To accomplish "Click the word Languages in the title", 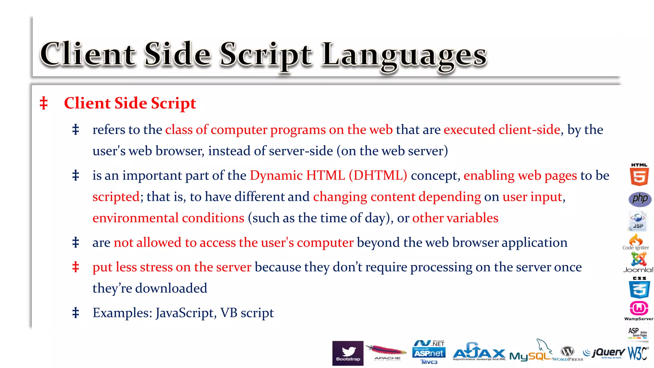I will (x=404, y=56).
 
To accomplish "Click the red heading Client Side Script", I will (x=130, y=103).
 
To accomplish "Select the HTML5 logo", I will (x=639, y=175).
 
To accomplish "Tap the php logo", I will (x=640, y=199).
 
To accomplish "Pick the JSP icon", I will (x=638, y=221).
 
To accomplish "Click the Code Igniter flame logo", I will (x=635, y=241).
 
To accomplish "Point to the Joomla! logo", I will (x=638, y=262).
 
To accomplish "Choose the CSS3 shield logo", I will (x=639, y=288).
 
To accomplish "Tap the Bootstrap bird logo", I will (x=348, y=353).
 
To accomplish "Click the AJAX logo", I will (x=479, y=352).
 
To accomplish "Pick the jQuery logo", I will (x=604, y=353).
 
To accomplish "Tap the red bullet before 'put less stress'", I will (x=76, y=267).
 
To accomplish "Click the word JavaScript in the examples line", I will (x=184, y=313).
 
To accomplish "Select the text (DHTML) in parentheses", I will (x=378, y=175).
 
